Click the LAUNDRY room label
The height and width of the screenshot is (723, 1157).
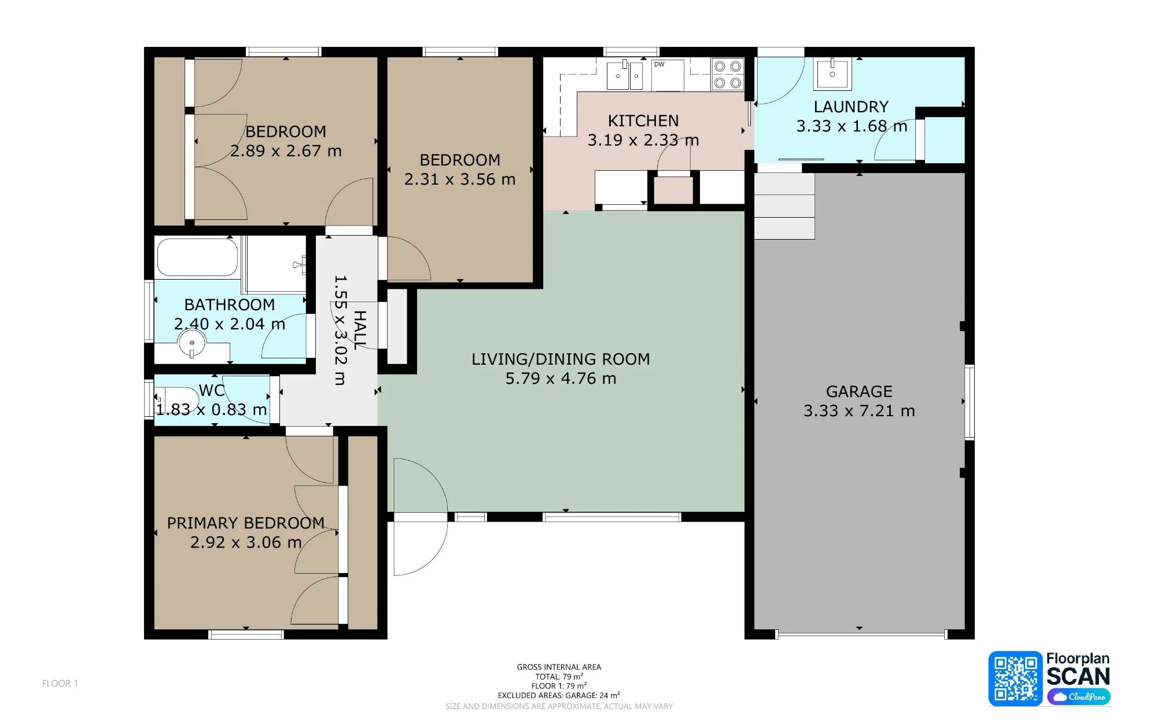tap(851, 107)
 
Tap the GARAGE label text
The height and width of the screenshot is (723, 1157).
tap(859, 392)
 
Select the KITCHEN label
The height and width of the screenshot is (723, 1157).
tap(643, 121)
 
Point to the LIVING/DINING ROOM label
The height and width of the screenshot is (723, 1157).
tap(561, 359)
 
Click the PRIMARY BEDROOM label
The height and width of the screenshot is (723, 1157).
tap(246, 523)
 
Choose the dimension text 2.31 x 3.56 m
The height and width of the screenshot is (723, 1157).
tap(460, 179)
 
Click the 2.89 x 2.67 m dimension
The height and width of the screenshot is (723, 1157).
tap(286, 151)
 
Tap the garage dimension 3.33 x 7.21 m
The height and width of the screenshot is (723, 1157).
tap(859, 411)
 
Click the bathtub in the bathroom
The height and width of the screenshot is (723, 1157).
tap(198, 257)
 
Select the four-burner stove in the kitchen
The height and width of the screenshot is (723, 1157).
tap(728, 75)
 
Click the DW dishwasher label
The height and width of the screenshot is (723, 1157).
tap(659, 64)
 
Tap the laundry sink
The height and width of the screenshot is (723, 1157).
tap(832, 74)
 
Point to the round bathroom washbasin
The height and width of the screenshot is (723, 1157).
tap(192, 343)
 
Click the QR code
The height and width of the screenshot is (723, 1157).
tap(1015, 678)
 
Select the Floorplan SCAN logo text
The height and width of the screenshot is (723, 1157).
tap(1078, 669)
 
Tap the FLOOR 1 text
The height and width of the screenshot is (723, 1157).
tap(60, 684)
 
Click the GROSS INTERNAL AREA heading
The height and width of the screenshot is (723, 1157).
tap(559, 667)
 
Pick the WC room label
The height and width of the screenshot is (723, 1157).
tap(212, 391)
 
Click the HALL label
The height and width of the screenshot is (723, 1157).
tap(360, 330)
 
